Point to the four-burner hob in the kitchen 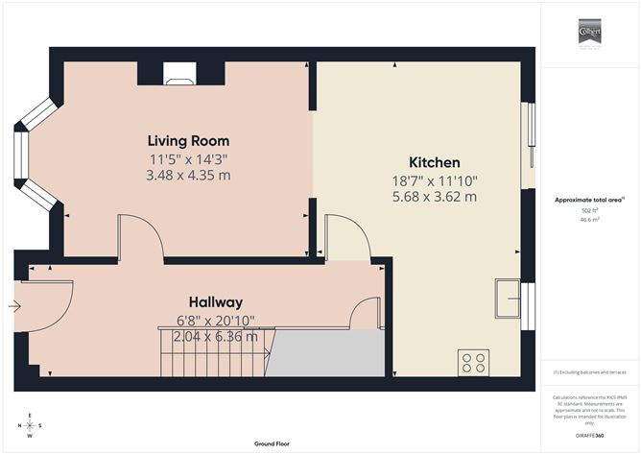474,363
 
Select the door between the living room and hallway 140,237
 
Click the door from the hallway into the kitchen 347,237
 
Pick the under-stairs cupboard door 366,313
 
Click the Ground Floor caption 273,443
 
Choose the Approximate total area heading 584,200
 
